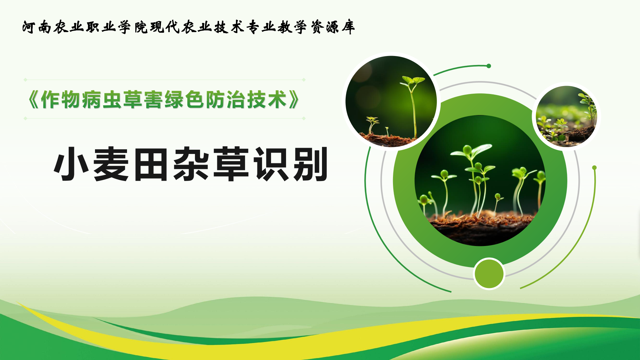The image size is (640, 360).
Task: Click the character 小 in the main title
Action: tap(71, 164)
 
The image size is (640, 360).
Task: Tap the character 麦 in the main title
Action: tap(111, 164)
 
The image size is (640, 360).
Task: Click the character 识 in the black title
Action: tap(271, 164)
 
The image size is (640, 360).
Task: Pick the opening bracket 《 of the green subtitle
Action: tap(34, 100)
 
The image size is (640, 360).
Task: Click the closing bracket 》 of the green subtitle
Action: tap(294, 100)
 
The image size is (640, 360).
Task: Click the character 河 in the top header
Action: tap(29, 27)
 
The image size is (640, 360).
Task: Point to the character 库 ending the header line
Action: tap(348, 27)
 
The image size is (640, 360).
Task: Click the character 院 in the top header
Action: tap(141, 27)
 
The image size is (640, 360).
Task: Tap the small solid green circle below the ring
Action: tap(489, 274)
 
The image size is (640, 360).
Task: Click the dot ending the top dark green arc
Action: tap(489, 66)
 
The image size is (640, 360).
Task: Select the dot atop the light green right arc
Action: tap(594, 168)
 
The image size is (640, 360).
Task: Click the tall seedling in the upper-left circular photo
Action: tap(413, 107)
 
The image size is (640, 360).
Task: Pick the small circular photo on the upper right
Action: tap(566, 116)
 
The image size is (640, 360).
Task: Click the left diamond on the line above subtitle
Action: tap(25, 80)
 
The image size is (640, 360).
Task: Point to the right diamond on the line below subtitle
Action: tap(304, 118)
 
